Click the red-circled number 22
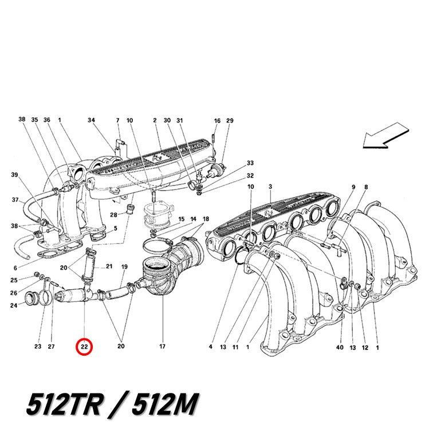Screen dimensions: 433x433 pos(84,347)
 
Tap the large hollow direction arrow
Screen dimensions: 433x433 pos(385,135)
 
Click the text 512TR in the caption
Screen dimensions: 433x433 pos(64,404)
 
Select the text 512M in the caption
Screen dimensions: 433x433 pos(165,404)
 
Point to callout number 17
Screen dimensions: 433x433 pos(162,347)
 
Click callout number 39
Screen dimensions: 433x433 pos(14,175)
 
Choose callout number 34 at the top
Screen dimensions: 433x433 pos(91,120)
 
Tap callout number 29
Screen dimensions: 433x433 pos(230,121)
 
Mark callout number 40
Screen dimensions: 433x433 pos(340,348)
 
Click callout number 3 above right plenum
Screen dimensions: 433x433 pos(270,187)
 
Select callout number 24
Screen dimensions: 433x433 pos(14,305)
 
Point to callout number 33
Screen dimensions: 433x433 pos(250,163)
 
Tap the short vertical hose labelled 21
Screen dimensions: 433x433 pos(90,266)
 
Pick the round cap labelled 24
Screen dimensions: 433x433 pos(30,299)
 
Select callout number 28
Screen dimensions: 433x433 pos(113,215)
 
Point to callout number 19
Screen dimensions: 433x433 pos(124,267)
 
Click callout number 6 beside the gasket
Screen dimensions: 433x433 pos(15,268)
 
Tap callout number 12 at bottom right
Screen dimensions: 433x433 pos(365,348)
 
